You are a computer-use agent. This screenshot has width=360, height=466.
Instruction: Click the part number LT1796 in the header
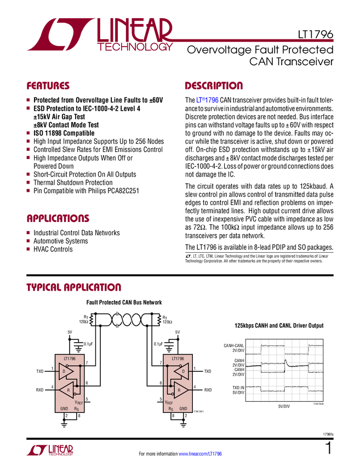tap(316, 35)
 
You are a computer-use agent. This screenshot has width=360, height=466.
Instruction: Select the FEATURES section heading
tap(48, 86)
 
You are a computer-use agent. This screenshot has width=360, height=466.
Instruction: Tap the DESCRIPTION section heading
tap(214, 86)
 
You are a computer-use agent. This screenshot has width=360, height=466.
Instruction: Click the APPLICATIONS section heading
tap(58, 218)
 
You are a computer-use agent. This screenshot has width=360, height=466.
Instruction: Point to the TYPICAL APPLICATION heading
tap(73, 287)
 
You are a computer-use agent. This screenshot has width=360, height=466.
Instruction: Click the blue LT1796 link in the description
tap(207, 100)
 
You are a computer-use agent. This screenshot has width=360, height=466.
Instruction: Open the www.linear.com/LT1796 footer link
tap(200, 454)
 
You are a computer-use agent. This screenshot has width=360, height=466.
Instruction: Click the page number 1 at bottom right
tap(329, 448)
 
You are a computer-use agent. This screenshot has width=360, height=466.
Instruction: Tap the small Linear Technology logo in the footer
tap(50, 450)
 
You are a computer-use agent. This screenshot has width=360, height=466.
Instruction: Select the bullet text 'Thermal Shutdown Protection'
tap(73, 183)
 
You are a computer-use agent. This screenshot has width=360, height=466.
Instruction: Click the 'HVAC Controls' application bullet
tap(53, 249)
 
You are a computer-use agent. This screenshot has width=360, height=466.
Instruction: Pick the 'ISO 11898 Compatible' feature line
tap(64, 133)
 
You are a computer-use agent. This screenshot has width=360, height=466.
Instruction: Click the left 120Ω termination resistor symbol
tap(92, 320)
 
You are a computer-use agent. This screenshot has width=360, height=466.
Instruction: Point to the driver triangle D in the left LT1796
tap(66, 372)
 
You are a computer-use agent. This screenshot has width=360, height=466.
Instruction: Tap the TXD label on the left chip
tap(40, 372)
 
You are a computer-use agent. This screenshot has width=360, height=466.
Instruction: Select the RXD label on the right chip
tap(208, 390)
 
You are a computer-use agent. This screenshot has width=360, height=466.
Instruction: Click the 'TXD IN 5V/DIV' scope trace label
tap(238, 390)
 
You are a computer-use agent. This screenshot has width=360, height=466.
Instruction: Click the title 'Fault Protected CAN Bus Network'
tap(124, 302)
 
